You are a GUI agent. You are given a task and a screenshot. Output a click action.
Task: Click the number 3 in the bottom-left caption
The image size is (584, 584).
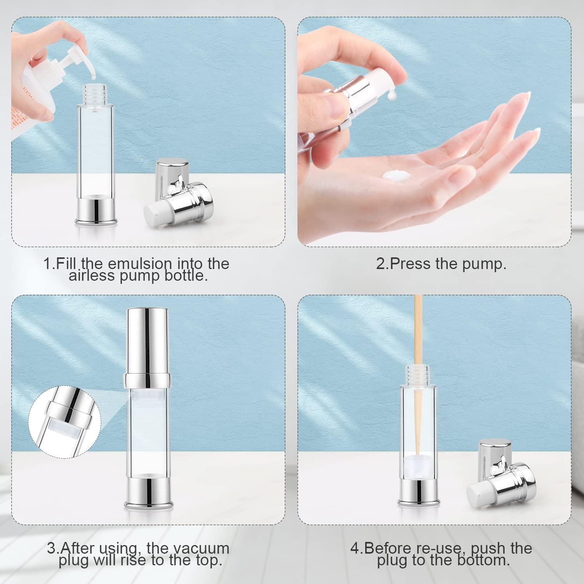[51, 548]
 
